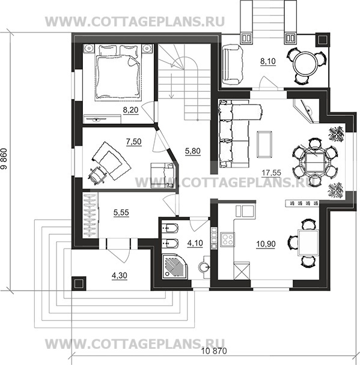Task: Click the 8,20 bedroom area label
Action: click(x=130, y=110)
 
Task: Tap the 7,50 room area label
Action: click(x=134, y=141)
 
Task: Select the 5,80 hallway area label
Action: click(x=193, y=151)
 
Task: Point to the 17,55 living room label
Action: click(x=272, y=173)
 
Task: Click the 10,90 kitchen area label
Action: click(x=266, y=244)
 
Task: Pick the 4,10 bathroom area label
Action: click(x=195, y=243)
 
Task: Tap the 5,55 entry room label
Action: click(x=121, y=213)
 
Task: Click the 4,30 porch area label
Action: click(x=120, y=276)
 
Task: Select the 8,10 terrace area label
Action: click(x=268, y=61)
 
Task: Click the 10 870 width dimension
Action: click(x=214, y=351)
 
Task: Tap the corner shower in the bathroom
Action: click(x=175, y=266)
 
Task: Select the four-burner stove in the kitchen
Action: click(x=227, y=240)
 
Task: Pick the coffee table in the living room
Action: click(x=264, y=144)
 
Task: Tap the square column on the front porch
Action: click(x=79, y=283)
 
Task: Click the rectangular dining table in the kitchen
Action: click(x=308, y=243)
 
